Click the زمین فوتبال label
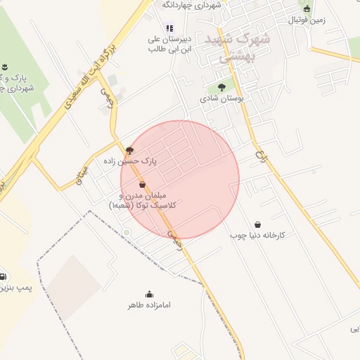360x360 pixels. (x=307, y=20)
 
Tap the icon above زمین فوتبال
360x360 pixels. (x=307, y=8)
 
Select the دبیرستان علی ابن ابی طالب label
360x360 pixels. (x=169, y=44)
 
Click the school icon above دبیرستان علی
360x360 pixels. (x=169, y=28)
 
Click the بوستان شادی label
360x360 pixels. (x=221, y=99)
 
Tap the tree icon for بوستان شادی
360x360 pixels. (x=221, y=87)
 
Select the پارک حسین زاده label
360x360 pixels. (x=149, y=161)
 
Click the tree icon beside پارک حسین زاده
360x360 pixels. (x=129, y=150)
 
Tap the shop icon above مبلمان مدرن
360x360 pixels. (x=143, y=184)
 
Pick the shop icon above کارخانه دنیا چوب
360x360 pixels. (x=257, y=224)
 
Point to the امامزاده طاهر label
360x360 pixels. (x=149, y=306)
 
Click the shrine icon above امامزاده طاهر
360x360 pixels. (x=149, y=294)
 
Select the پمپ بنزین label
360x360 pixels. (x=6, y=289)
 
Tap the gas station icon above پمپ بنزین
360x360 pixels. (x=4, y=276)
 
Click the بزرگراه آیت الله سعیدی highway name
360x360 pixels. (x=89, y=75)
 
